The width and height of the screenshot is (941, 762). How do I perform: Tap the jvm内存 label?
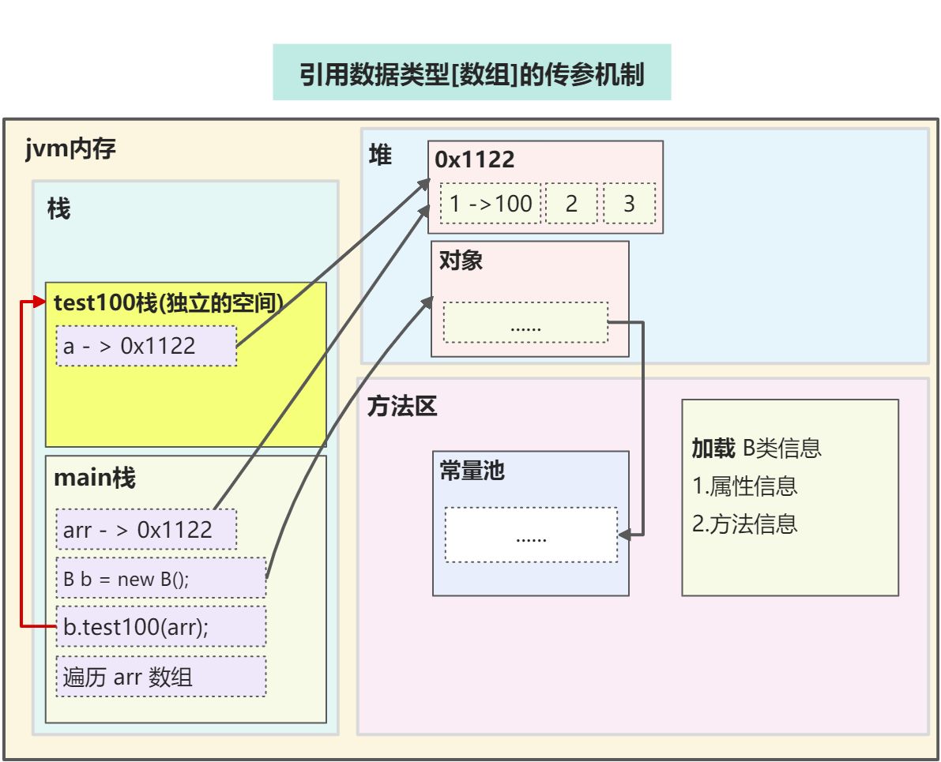pos(71,148)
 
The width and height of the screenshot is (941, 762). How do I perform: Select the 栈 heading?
pos(59,208)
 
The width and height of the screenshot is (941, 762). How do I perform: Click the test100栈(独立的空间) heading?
pos(168,303)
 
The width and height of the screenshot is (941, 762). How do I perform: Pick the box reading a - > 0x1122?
pos(146,346)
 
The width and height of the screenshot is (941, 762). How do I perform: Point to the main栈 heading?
pos(94,478)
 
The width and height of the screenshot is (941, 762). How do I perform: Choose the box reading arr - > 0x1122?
pos(146,529)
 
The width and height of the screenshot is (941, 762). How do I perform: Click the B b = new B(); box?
pos(160,578)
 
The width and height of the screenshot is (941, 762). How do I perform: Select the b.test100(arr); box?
pos(160,627)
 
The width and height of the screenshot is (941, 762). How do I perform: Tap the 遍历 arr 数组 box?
pos(160,677)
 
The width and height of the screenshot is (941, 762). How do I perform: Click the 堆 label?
pos(381,156)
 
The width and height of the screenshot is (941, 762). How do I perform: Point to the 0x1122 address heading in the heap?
pos(475,160)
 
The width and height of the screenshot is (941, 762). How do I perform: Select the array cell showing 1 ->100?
pos(491,203)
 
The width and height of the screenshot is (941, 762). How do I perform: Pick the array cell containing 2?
pos(571,203)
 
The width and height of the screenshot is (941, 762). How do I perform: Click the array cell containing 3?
pos(629,203)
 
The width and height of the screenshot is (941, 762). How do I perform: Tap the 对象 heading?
pos(461,261)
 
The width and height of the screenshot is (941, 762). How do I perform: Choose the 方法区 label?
pos(402,407)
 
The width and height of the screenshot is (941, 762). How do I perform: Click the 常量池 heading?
pos(472,471)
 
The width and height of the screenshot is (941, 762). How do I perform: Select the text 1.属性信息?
pos(745,486)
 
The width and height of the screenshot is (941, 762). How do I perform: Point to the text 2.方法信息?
pos(745,523)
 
